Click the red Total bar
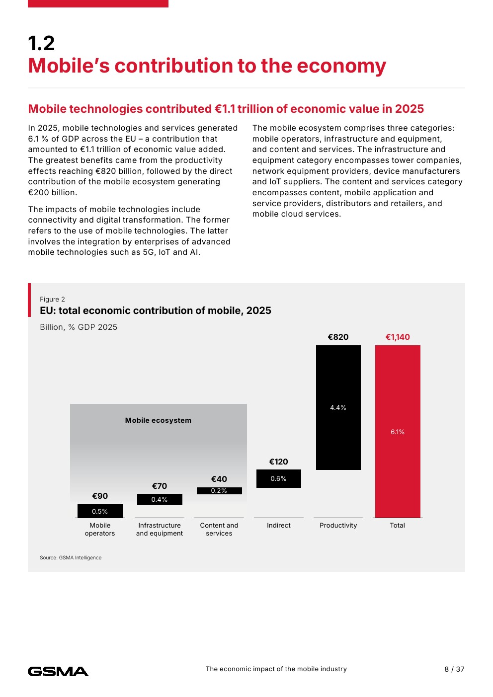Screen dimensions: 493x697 click(x=398, y=431)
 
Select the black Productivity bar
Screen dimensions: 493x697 click(x=338, y=407)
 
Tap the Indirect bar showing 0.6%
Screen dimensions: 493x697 click(x=279, y=478)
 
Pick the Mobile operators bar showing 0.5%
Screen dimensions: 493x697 click(x=100, y=511)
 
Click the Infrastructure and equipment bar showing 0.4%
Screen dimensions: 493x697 click(x=160, y=499)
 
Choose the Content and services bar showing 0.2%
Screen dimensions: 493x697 click(x=219, y=491)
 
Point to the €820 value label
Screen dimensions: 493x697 click(x=338, y=337)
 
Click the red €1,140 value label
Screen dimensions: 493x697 click(x=398, y=337)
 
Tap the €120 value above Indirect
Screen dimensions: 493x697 click(x=279, y=462)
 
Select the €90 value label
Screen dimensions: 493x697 click(x=100, y=496)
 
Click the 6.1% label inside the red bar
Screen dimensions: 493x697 click(x=398, y=432)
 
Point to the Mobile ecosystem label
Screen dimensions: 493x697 click(x=158, y=420)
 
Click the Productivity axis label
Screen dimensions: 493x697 click(x=338, y=525)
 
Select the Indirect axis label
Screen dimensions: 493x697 click(x=279, y=525)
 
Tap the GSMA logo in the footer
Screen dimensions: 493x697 click(x=58, y=671)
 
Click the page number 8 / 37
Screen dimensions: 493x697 click(x=454, y=669)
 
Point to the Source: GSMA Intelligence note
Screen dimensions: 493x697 click(x=71, y=557)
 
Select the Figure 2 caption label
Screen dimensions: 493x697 click(x=52, y=299)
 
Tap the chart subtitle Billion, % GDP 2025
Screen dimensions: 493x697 click(x=79, y=327)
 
